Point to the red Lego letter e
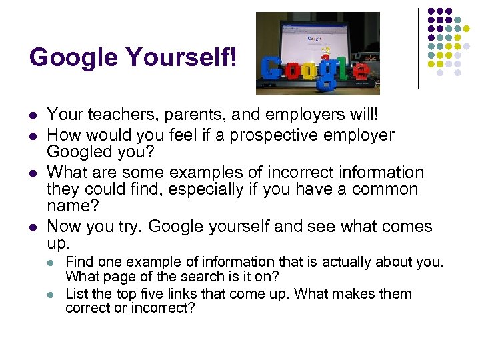pos(360,69)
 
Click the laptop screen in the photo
pos(319,41)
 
